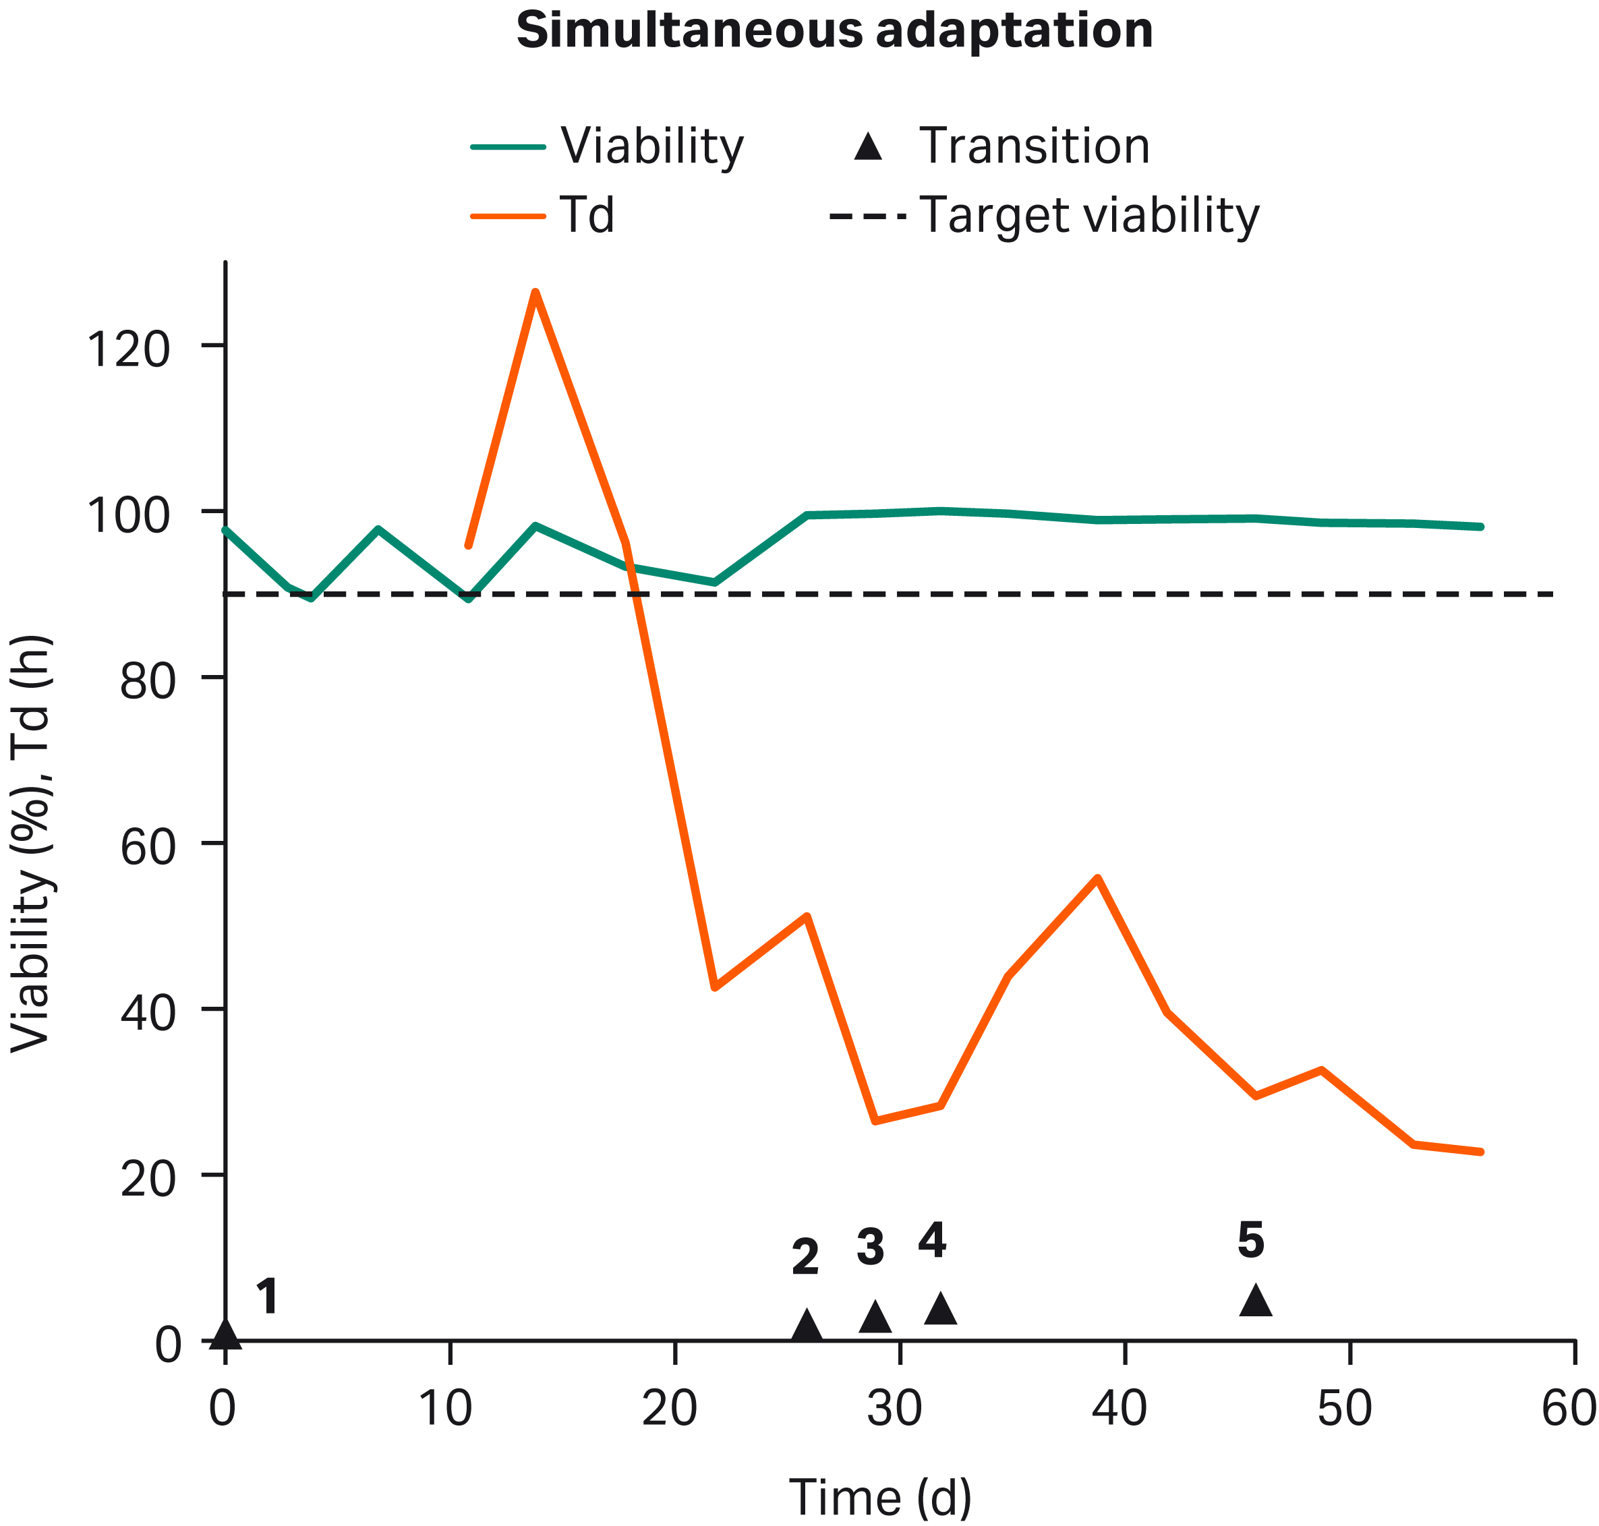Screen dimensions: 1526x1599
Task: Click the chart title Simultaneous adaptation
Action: pyautogui.click(x=834, y=31)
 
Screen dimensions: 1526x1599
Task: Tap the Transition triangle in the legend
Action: pyautogui.click(x=869, y=147)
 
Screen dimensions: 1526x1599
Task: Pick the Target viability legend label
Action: pyautogui.click(x=1089, y=216)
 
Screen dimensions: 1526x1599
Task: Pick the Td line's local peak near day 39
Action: pyautogui.click(x=1097, y=878)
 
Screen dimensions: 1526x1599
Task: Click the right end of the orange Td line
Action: pyautogui.click(x=1481, y=1152)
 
